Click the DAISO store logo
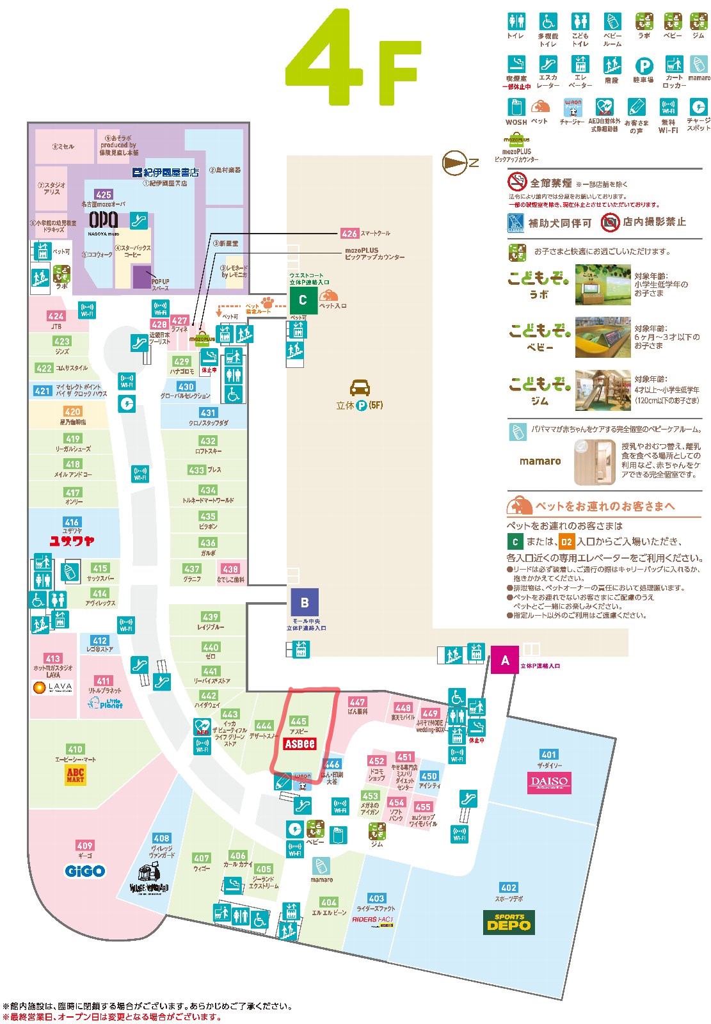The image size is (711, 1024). (x=549, y=781)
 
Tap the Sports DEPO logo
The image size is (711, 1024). (x=509, y=922)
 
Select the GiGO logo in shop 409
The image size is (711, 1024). (x=84, y=871)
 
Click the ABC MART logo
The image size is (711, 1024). (x=76, y=776)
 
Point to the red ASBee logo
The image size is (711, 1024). (x=300, y=743)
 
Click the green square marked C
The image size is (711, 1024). (x=303, y=300)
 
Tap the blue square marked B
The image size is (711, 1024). (x=305, y=602)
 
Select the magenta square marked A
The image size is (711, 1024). (x=505, y=660)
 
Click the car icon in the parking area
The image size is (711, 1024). (x=360, y=387)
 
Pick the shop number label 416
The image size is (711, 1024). (x=72, y=522)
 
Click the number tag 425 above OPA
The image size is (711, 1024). (x=104, y=194)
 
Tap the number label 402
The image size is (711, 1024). (x=509, y=888)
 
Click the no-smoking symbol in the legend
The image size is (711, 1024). (x=516, y=182)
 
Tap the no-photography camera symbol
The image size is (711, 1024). (x=610, y=222)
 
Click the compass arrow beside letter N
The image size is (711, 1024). (x=455, y=163)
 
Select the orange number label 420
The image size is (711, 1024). (x=72, y=412)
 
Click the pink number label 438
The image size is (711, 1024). (x=230, y=568)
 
